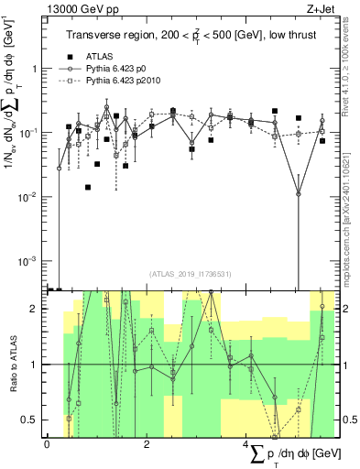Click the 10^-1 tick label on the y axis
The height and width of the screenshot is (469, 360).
click(30, 134)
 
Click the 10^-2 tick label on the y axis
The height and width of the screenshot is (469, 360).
click(30, 198)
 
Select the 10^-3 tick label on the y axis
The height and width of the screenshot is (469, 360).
click(30, 262)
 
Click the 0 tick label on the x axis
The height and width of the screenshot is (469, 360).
click(47, 444)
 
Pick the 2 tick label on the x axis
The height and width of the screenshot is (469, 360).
click(147, 444)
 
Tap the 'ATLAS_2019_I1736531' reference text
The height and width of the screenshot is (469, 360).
click(189, 274)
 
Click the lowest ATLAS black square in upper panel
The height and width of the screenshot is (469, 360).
click(88, 187)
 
